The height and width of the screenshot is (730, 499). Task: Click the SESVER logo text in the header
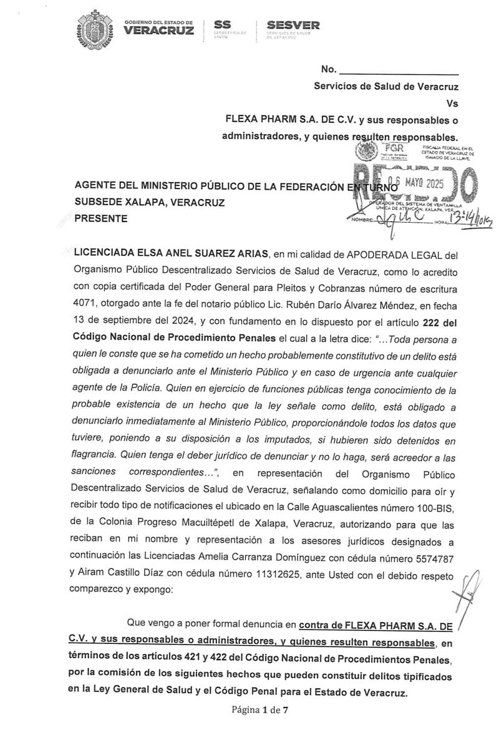click(x=293, y=26)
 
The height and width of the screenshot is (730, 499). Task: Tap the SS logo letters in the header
click(x=223, y=24)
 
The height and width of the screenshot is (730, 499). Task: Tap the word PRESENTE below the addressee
click(x=101, y=218)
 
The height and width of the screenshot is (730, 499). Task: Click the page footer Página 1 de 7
click(x=260, y=709)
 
